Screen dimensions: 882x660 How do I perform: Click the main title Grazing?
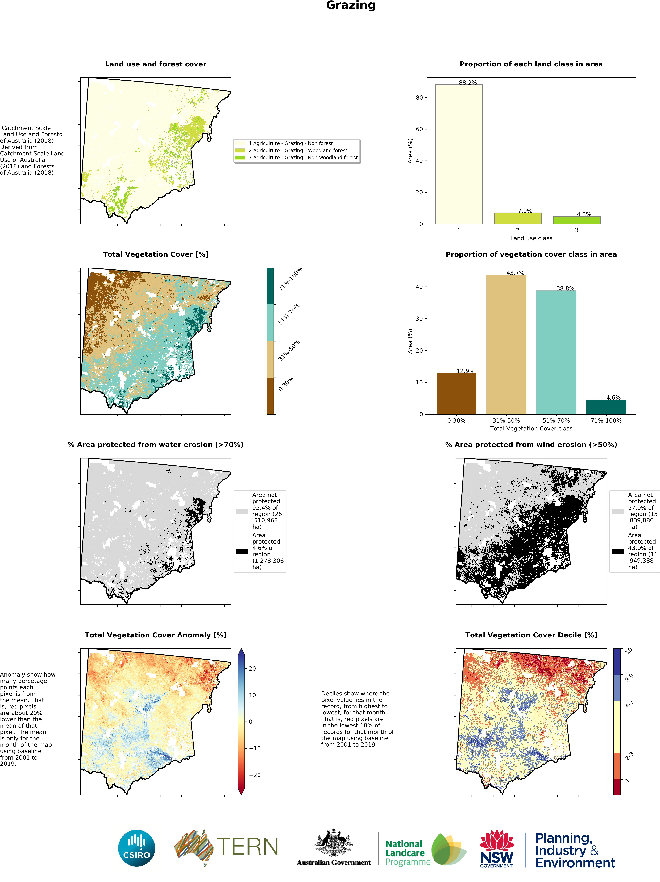pyautogui.click(x=351, y=6)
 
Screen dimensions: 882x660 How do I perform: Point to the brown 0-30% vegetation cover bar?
pyautogui.click(x=456, y=394)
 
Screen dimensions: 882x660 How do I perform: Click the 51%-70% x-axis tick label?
pyautogui.click(x=556, y=421)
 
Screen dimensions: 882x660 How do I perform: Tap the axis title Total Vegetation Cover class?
pyautogui.click(x=531, y=429)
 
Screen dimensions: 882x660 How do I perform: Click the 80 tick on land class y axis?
pyautogui.click(x=419, y=98)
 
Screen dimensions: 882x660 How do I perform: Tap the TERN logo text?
pyautogui.click(x=247, y=847)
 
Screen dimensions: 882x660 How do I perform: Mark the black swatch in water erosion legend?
pyautogui.click(x=242, y=551)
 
